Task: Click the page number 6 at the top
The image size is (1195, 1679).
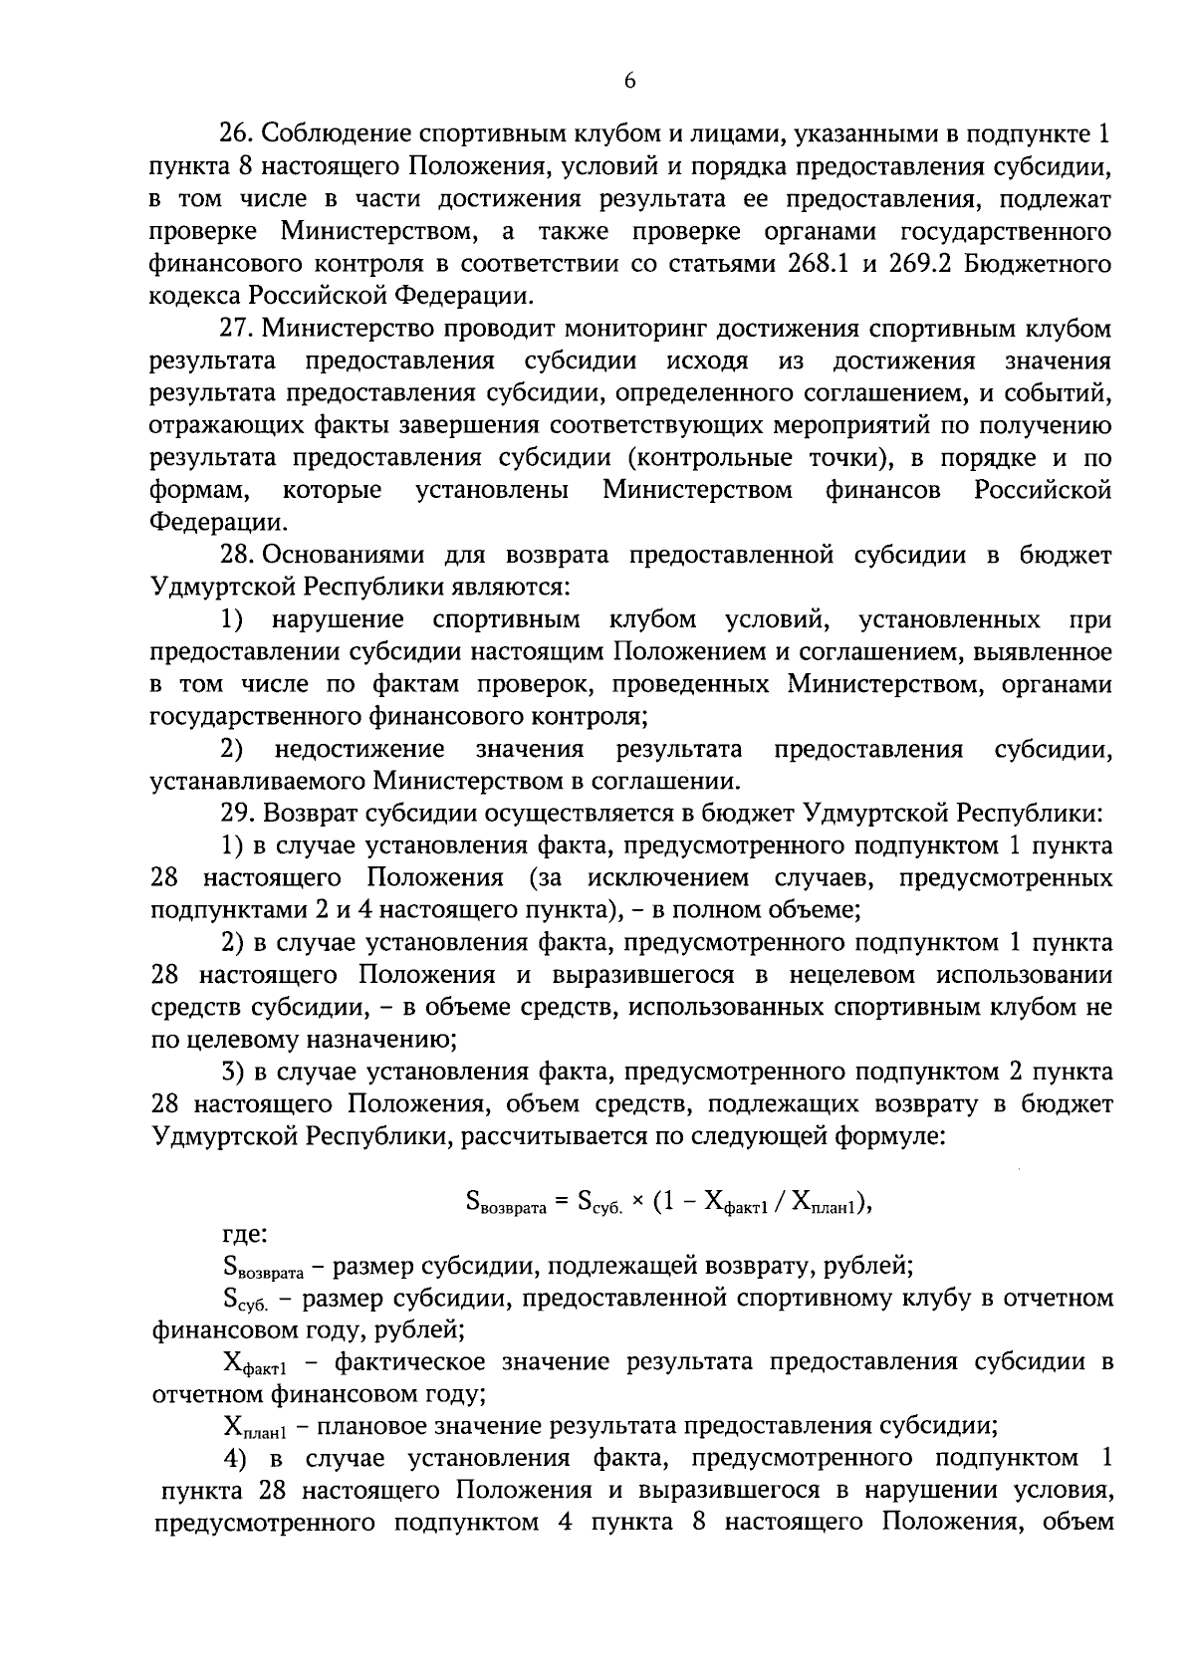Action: [629, 82]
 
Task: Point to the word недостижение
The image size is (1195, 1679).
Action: [359, 749]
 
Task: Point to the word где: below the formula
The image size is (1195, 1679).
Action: [243, 1235]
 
